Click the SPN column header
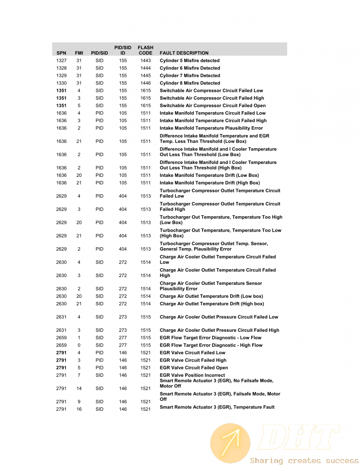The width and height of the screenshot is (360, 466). pos(61,53)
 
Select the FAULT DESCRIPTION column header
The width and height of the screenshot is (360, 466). pos(184,53)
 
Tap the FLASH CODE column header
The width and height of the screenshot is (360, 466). pos(145,50)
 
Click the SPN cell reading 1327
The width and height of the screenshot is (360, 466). pos(61,61)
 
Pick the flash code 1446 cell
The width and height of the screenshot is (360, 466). pos(146,83)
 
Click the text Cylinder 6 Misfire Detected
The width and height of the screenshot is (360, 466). pos(190,68)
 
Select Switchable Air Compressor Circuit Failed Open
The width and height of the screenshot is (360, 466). pos(213,106)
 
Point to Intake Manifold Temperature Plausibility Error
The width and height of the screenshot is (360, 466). pos(211,128)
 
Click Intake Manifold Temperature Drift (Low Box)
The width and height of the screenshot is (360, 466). pos(209,176)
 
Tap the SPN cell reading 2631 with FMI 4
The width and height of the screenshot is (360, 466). pos(61,317)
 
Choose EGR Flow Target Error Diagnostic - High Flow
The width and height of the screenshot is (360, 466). pos(211,345)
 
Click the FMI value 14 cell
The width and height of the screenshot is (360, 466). pos(79,389)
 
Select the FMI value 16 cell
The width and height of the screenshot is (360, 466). pos(79,409)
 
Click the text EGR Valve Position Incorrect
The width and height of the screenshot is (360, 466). pos(192,375)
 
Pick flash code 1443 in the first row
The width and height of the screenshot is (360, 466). pos(146,61)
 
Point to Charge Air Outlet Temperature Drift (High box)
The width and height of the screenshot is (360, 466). pos(212,304)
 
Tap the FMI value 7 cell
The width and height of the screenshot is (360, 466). pos(79,375)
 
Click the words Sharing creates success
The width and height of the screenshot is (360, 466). pos(304,460)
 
